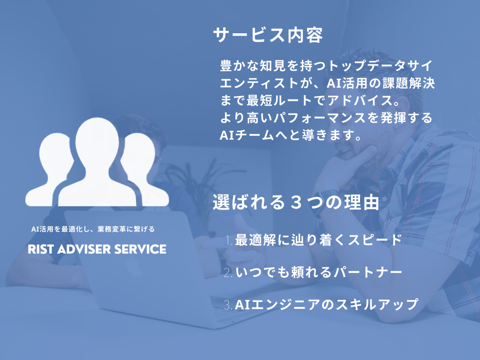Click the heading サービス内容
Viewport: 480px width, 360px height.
(x=268, y=35)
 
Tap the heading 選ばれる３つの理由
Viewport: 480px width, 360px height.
(x=296, y=202)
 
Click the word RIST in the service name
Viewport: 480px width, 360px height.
(x=41, y=249)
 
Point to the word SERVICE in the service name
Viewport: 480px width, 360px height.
(x=140, y=249)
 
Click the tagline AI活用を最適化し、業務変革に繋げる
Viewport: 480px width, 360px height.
(x=93, y=229)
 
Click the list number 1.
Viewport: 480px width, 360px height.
(x=229, y=240)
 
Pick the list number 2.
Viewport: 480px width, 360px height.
(x=228, y=272)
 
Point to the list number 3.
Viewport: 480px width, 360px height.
(x=228, y=305)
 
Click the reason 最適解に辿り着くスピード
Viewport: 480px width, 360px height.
(x=318, y=240)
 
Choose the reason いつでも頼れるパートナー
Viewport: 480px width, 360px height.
(x=318, y=272)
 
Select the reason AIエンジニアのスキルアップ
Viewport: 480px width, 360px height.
(x=326, y=304)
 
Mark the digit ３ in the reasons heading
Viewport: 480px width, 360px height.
(x=296, y=202)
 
